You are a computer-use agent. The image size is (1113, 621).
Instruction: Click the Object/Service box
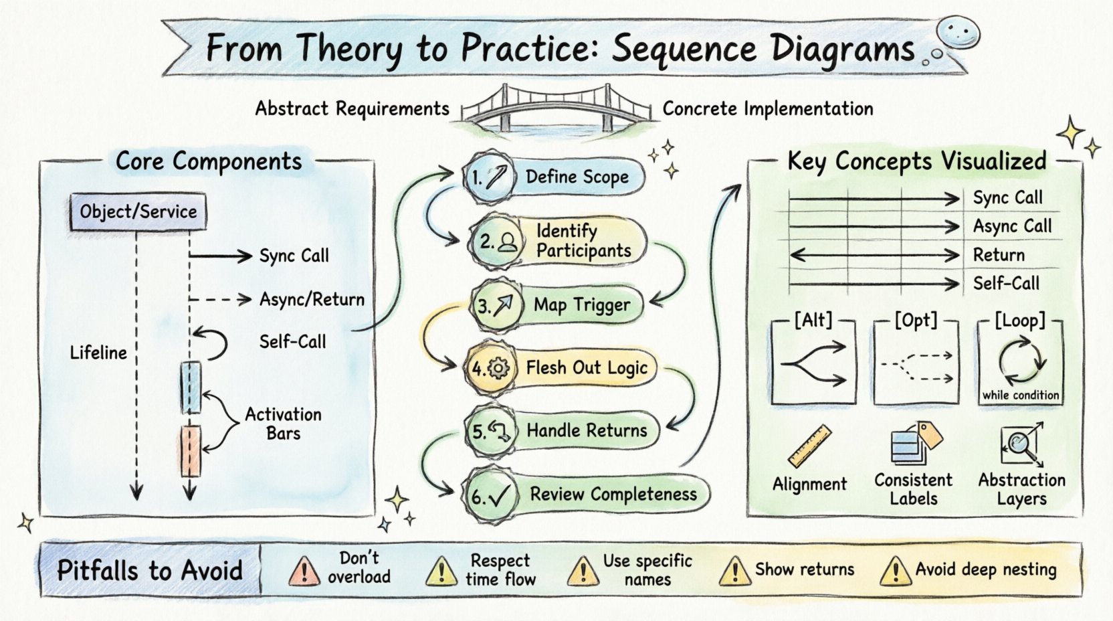click(x=138, y=212)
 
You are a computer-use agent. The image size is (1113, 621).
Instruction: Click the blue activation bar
click(x=191, y=387)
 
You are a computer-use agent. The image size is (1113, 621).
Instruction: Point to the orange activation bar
click(x=190, y=450)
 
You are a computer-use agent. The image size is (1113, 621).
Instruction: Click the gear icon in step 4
click(x=499, y=368)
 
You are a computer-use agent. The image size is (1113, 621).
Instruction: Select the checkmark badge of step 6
click(x=490, y=497)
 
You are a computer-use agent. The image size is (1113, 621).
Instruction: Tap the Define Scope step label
click(x=577, y=177)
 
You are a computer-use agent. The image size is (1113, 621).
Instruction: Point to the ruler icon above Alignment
click(x=809, y=446)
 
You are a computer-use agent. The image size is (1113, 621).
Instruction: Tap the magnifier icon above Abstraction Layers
click(x=1021, y=444)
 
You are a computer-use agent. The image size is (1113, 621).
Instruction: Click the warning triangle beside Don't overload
click(x=304, y=571)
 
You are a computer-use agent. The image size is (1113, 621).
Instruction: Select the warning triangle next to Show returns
click(x=734, y=571)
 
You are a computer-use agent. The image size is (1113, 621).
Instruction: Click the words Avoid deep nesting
click(x=986, y=569)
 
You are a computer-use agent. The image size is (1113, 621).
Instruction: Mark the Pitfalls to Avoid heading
click(x=150, y=570)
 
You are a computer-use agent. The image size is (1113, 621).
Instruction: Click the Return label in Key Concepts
click(x=999, y=255)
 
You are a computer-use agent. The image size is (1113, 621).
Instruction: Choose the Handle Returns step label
click(x=587, y=430)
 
